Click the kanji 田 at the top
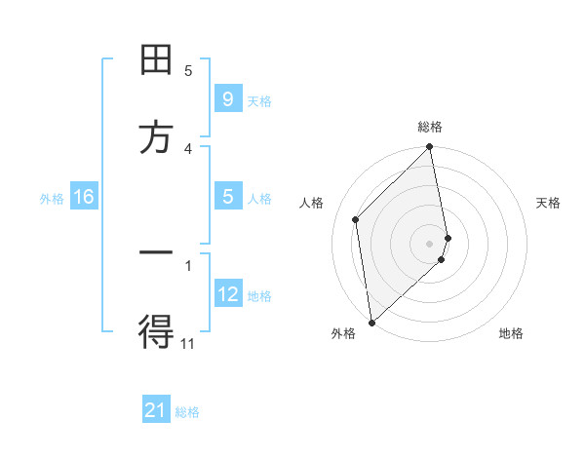(156, 60)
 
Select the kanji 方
(156, 136)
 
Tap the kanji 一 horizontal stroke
(156, 254)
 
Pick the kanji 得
(156, 331)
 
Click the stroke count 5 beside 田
(188, 70)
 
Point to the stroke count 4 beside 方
(188, 148)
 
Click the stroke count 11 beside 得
(188, 343)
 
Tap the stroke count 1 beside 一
(188, 264)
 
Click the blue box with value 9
(227, 99)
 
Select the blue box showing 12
(227, 294)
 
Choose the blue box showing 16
(83, 197)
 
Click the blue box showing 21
(156, 411)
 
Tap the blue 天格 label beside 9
(259, 100)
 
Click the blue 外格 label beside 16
(52, 198)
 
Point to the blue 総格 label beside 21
(187, 412)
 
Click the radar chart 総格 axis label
(430, 127)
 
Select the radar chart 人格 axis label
(312, 203)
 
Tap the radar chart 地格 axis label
(511, 333)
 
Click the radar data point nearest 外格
(370, 322)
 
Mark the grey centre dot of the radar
(430, 243)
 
